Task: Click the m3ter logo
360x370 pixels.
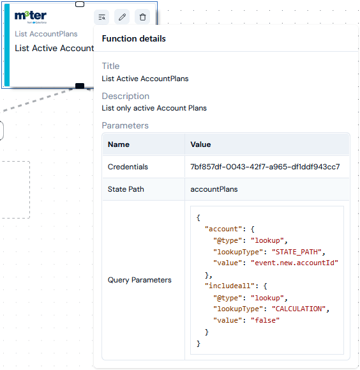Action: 31,17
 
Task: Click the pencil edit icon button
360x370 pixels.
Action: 122,17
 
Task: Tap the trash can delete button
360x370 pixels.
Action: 142,17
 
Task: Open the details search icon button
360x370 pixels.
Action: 101,17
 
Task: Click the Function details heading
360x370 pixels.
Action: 133,39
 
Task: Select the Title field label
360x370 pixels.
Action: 110,66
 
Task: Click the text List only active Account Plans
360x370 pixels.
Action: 154,108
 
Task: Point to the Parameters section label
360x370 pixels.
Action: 125,125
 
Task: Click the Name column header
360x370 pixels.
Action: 119,144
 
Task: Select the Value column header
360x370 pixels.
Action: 200,144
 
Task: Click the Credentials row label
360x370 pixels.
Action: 128,167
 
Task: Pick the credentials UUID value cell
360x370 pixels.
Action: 265,167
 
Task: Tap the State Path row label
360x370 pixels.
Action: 126,189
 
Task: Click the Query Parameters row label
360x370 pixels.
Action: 140,280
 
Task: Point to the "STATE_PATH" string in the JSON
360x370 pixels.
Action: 297,252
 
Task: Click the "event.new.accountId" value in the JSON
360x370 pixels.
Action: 294,263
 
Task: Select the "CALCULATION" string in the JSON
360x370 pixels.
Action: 299,309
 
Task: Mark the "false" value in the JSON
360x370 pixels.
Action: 265,320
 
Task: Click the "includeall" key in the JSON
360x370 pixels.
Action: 230,286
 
